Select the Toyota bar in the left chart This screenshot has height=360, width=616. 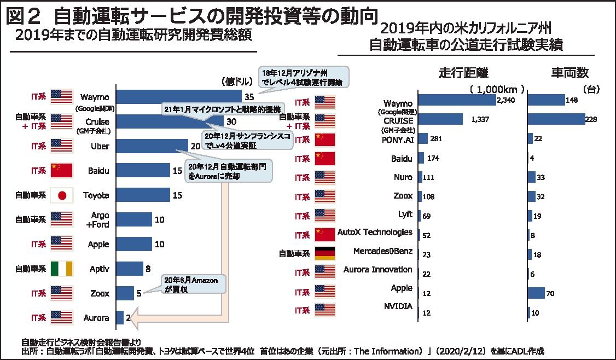tap(143, 195)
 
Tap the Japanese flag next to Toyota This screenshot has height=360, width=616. tap(61, 195)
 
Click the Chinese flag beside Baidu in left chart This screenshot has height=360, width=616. tap(61, 171)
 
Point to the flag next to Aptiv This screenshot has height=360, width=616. tap(61, 269)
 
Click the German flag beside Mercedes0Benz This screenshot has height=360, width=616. tap(325, 253)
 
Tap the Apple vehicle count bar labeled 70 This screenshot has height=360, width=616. tap(536, 293)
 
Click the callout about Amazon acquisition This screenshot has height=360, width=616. tap(190, 284)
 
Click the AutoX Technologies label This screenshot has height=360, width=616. tap(375, 233)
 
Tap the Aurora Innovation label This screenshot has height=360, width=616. tap(377, 270)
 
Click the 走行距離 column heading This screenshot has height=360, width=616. tap(463, 73)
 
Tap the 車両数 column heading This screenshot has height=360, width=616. tap(569, 73)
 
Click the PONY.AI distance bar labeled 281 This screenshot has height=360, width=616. tap(423, 138)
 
